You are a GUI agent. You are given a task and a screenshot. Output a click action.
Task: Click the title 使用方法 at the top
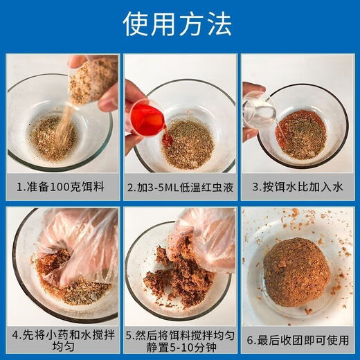(x=180, y=24)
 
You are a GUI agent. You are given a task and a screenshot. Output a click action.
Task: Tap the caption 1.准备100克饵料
(x=61, y=187)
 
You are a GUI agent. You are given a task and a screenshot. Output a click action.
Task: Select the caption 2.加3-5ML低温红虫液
(x=179, y=187)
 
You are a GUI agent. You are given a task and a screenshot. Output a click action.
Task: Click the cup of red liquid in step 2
(x=147, y=118)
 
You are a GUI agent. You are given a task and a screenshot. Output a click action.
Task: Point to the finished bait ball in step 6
(x=297, y=271)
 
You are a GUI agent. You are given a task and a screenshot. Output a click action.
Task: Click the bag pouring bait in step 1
(x=92, y=80)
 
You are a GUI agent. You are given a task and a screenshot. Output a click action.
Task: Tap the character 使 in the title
(x=137, y=24)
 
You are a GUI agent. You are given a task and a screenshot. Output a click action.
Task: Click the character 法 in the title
(x=222, y=24)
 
